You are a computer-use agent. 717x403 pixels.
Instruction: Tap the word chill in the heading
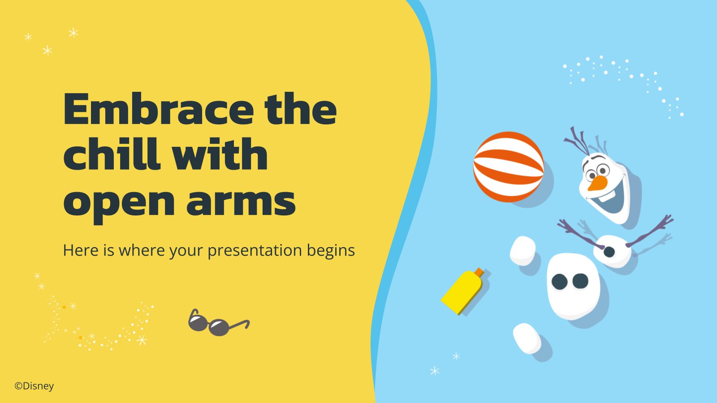coord(112,154)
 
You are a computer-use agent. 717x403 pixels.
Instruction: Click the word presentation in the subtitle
coord(255,251)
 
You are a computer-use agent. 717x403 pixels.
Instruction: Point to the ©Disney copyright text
coord(34,386)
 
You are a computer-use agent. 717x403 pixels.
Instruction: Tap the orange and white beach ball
coord(508,167)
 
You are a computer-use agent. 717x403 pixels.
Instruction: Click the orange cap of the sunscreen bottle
coord(479,272)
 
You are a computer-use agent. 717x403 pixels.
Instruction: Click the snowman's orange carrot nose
coord(597,183)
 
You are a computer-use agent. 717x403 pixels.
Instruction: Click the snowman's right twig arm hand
coord(667,221)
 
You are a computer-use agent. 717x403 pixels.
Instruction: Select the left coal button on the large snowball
coord(560,282)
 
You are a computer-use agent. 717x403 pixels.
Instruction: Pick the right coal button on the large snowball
coord(580,281)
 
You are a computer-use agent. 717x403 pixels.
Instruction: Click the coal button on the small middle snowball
coord(609,252)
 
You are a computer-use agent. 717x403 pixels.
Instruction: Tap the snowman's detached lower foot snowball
coord(527,338)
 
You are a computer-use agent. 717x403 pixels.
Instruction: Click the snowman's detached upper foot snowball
coord(523,251)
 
